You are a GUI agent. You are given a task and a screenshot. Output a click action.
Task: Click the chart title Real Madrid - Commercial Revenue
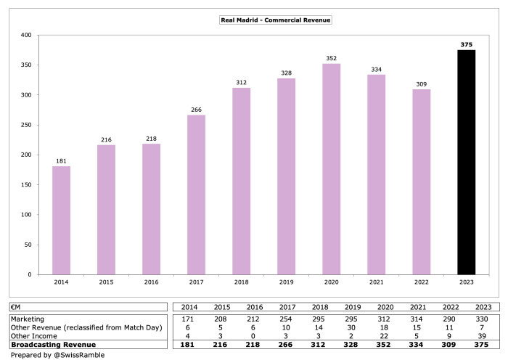coord(275,20)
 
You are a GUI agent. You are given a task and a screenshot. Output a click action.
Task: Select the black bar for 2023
coord(466,163)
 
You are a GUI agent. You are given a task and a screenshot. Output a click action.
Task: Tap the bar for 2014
coord(62,221)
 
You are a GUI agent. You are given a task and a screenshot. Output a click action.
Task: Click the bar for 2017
coord(196,195)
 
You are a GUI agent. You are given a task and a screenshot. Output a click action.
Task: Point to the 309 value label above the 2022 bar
coord(421,84)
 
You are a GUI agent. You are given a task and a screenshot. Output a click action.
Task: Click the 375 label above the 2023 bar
coord(466,44)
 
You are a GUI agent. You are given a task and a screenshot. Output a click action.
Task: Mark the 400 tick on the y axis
coord(27,35)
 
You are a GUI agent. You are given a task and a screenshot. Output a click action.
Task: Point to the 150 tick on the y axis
coord(27,185)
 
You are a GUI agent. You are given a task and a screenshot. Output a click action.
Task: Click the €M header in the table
coord(16,307)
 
